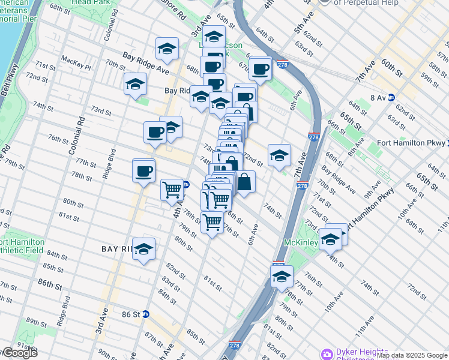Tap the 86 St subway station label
pyautogui.click(x=130, y=314)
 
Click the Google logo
pyautogui.click(x=19, y=353)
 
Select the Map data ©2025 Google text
pyautogui.click(x=412, y=355)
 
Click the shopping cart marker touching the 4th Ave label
pyautogui.click(x=172, y=190)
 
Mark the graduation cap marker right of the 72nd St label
pyautogui.click(x=279, y=155)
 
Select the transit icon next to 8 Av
pyautogui.click(x=391, y=97)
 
